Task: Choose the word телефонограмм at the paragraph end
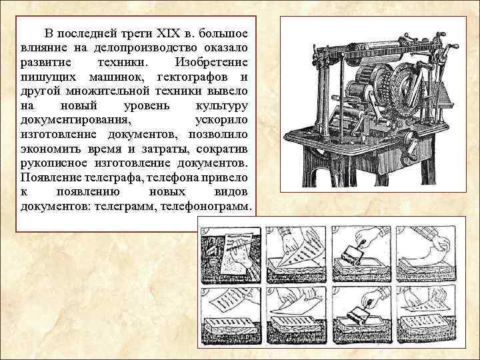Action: point(208,207)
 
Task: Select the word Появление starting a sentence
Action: point(52,178)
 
